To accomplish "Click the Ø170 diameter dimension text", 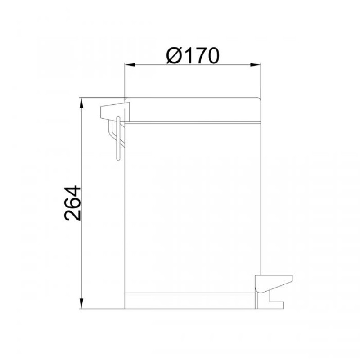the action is click(x=193, y=56).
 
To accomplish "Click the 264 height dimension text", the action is click(x=73, y=203).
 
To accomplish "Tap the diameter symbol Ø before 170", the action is click(x=175, y=56).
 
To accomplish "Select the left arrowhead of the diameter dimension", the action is click(x=130, y=65).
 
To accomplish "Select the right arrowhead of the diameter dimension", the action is click(x=256, y=65).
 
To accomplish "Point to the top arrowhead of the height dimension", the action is click(x=81, y=103).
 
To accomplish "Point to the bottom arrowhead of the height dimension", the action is click(x=81, y=303).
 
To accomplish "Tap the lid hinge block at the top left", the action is click(x=115, y=112).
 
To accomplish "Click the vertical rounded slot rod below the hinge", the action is click(x=118, y=139).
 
